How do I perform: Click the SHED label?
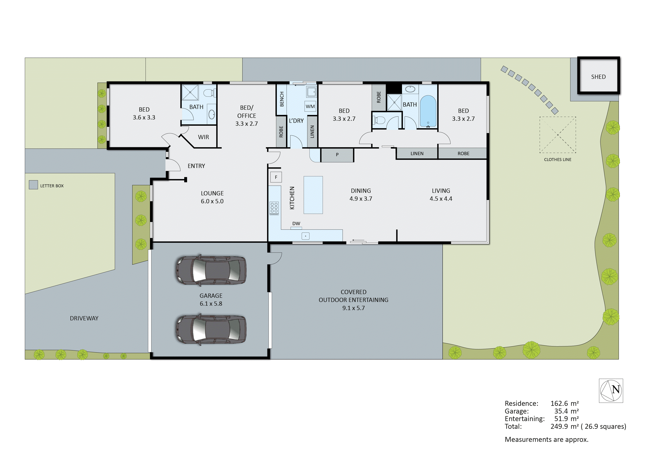598,77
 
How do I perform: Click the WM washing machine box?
310,106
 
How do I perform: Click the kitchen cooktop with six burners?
274,208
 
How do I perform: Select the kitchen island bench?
313,195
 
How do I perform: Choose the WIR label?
203,137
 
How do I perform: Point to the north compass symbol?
611,391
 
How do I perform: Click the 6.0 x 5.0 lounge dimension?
212,201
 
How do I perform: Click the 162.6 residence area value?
560,403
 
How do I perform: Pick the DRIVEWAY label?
84,318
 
